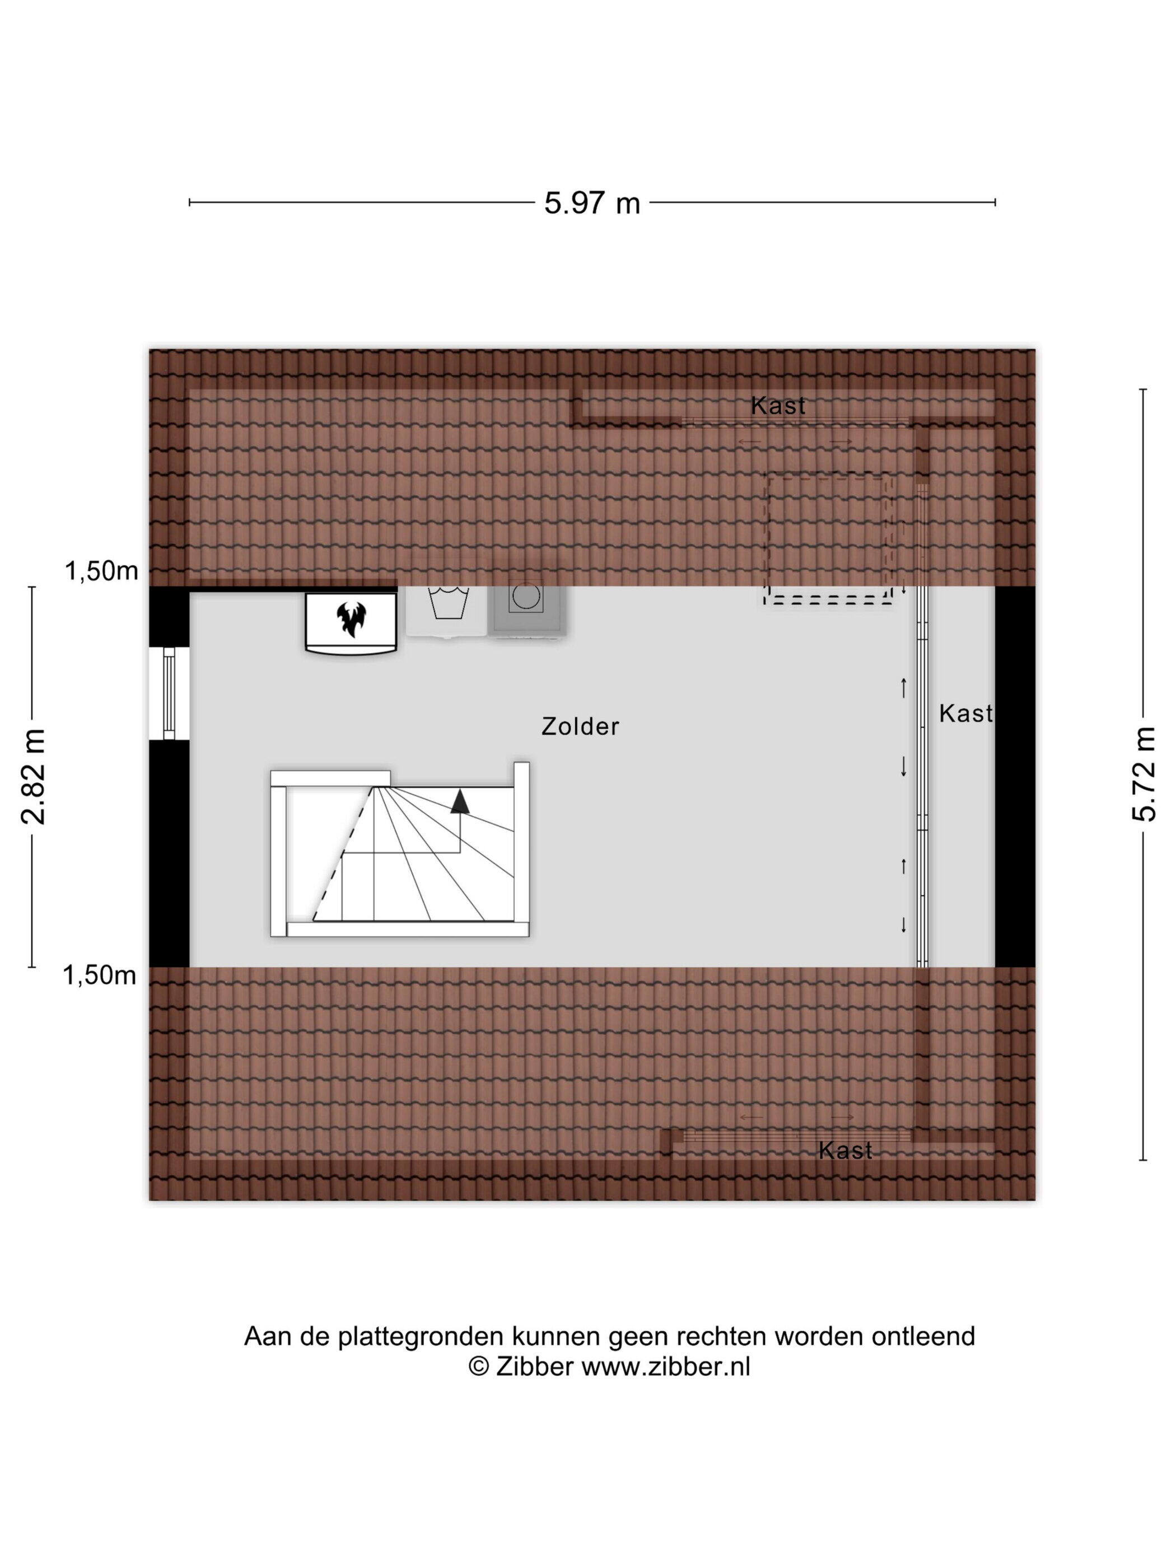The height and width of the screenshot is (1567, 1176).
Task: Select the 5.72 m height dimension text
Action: (1144, 773)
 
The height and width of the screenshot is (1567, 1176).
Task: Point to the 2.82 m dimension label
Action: (33, 776)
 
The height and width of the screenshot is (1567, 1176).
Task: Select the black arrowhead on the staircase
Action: (460, 801)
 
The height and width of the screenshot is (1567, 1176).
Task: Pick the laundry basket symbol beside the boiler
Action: (448, 602)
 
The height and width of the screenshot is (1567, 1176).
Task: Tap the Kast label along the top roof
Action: (778, 406)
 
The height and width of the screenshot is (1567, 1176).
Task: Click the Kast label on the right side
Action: (965, 714)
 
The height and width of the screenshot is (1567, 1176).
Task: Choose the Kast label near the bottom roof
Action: (845, 1150)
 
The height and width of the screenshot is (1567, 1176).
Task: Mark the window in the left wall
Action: (169, 693)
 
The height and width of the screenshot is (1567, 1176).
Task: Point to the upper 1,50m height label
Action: (101, 571)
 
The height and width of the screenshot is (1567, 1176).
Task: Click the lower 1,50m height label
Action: (99, 975)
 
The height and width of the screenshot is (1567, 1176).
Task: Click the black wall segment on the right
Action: (1015, 776)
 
